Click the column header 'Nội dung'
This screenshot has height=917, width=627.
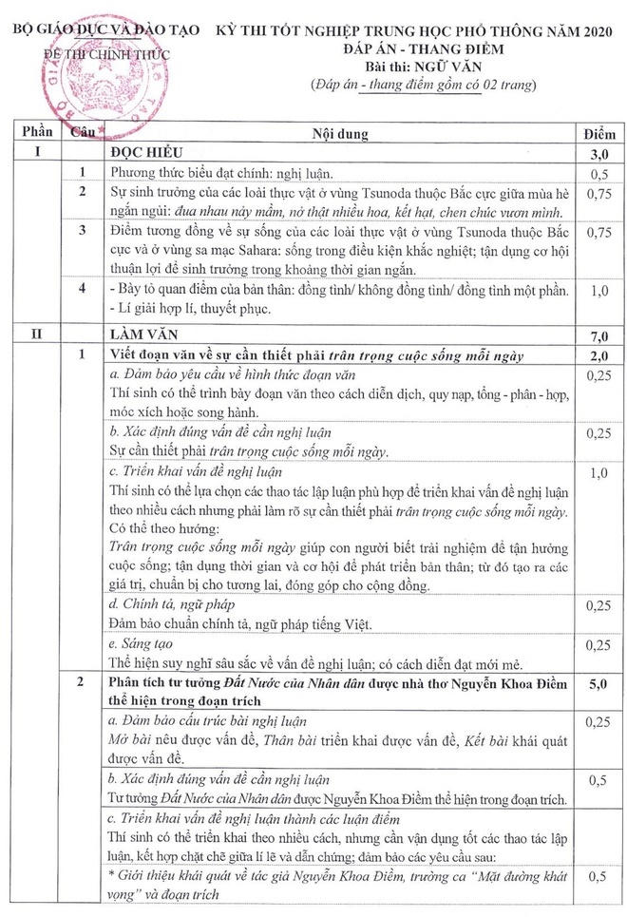click(x=341, y=134)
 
